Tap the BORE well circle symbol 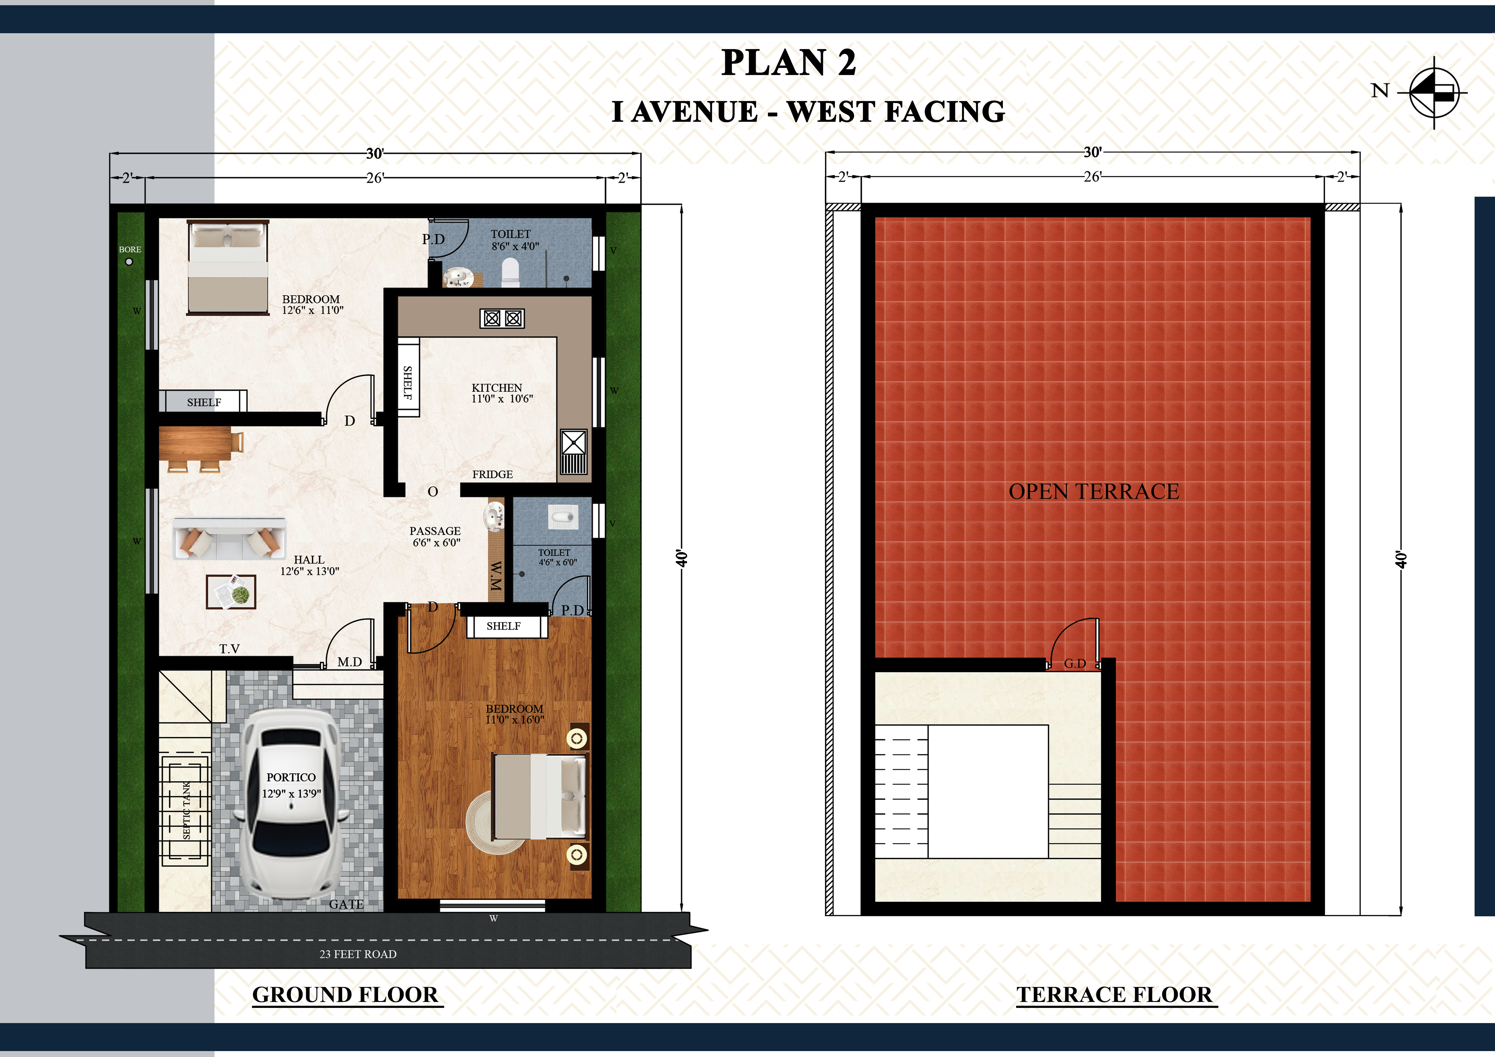(x=129, y=262)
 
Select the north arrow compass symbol (x=1434, y=93)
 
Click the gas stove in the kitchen (x=502, y=318)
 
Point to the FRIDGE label (x=492, y=475)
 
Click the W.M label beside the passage (x=496, y=576)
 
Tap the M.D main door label (x=350, y=662)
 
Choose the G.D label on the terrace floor (x=1075, y=663)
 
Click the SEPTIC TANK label (x=187, y=810)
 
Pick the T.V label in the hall (x=229, y=649)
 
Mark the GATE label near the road (x=346, y=904)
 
